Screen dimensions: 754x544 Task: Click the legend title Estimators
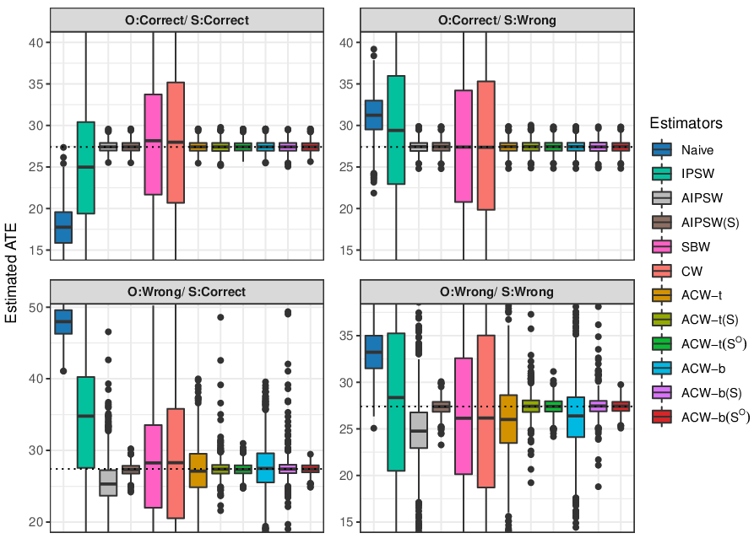(686, 123)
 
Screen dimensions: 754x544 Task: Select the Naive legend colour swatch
(662, 149)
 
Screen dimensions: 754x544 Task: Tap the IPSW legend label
(697, 174)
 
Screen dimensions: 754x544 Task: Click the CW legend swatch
(662, 271)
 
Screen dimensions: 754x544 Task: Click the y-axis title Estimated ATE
(11, 272)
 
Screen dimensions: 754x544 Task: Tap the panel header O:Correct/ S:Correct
(187, 20)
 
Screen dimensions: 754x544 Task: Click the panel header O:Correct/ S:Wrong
(497, 20)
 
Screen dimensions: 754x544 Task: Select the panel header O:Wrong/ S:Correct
(187, 292)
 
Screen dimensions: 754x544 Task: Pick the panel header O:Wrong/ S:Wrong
(496, 292)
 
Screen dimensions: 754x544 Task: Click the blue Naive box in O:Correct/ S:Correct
(63, 228)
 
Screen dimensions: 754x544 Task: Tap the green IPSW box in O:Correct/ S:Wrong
(396, 130)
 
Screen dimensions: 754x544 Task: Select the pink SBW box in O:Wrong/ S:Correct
(154, 466)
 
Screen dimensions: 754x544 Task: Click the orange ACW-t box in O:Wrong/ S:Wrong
(508, 419)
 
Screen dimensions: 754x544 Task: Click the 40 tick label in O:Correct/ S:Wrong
(347, 43)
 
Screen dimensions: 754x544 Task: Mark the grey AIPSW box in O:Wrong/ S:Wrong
(419, 430)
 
